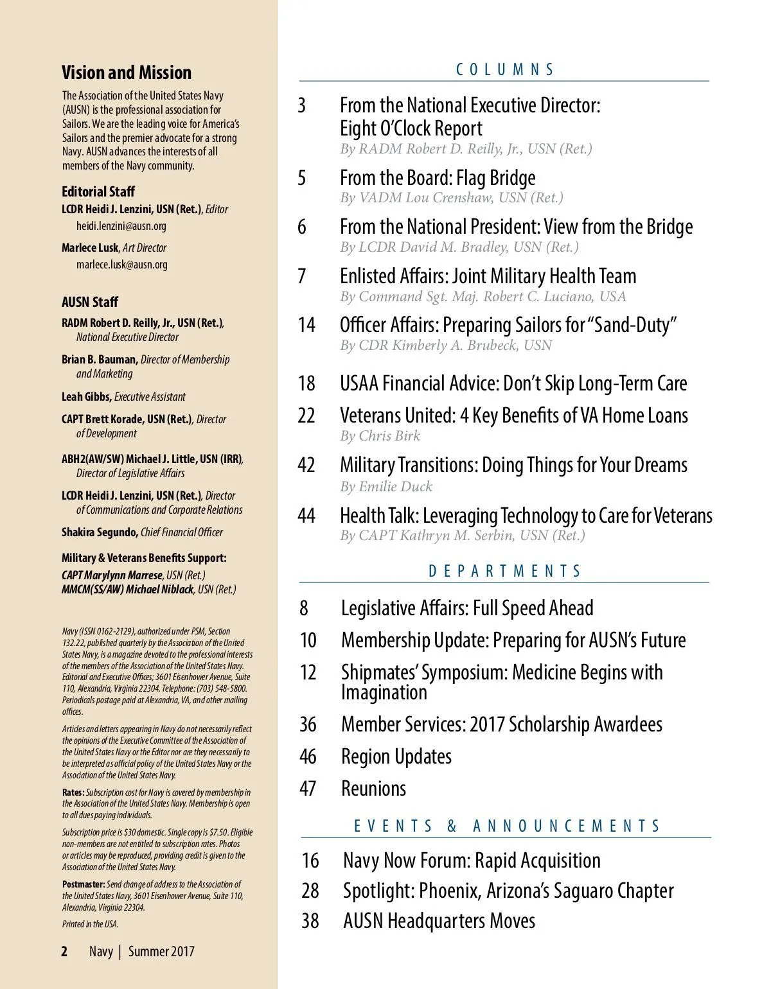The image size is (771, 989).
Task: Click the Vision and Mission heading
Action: click(x=127, y=73)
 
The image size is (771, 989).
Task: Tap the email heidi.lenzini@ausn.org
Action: click(x=121, y=226)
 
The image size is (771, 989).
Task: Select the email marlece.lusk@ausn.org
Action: click(x=122, y=265)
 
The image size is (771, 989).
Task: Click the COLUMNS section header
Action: click(x=505, y=69)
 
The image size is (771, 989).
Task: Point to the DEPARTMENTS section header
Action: click(x=505, y=571)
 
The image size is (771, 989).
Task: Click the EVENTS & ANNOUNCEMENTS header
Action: click(x=507, y=826)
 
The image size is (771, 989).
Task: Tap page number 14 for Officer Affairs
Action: click(x=306, y=325)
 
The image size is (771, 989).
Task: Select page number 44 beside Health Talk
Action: click(x=306, y=516)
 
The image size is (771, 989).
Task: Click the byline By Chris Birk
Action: click(x=380, y=436)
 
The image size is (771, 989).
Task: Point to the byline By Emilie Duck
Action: click(x=386, y=487)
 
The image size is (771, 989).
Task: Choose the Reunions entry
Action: click(x=373, y=789)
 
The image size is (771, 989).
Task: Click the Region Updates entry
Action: click(x=396, y=757)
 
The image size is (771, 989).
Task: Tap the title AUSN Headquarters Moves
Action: click(x=439, y=921)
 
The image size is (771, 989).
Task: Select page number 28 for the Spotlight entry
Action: click(x=310, y=891)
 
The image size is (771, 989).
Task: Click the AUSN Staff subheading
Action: click(x=90, y=302)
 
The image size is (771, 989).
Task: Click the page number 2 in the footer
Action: click(x=64, y=952)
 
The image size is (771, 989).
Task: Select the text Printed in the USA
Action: click(x=91, y=924)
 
